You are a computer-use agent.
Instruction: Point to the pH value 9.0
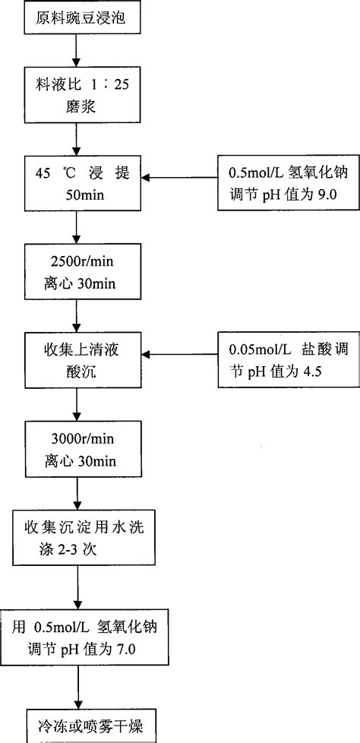pyautogui.click(x=321, y=194)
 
